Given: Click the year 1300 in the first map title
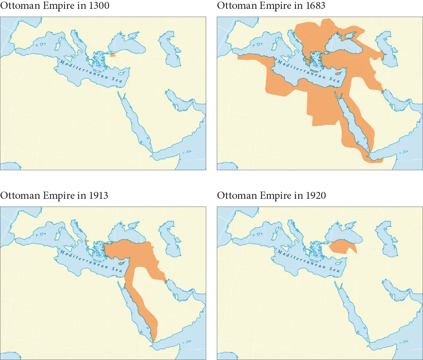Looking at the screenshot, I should click(x=99, y=6).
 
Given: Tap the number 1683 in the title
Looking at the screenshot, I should click(x=315, y=6).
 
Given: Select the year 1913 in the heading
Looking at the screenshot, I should click(x=98, y=196).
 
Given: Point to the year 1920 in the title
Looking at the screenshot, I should click(x=316, y=196).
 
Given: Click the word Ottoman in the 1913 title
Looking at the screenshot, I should click(x=21, y=196).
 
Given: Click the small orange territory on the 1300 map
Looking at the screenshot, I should click(x=113, y=55).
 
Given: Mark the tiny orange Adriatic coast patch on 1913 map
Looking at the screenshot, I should click(x=87, y=241).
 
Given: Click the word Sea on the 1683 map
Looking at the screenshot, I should click(x=334, y=79).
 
